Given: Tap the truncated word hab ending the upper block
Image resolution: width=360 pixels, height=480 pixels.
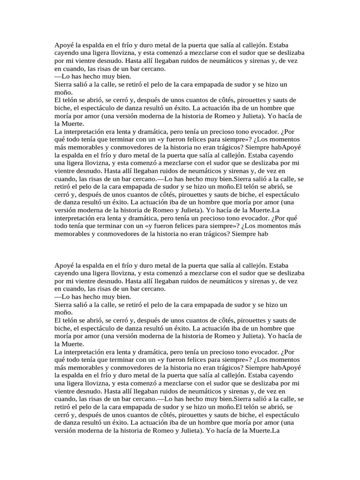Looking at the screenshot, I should [x=262, y=234].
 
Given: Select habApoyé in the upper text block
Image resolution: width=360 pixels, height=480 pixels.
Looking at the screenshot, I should [x=286, y=147].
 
